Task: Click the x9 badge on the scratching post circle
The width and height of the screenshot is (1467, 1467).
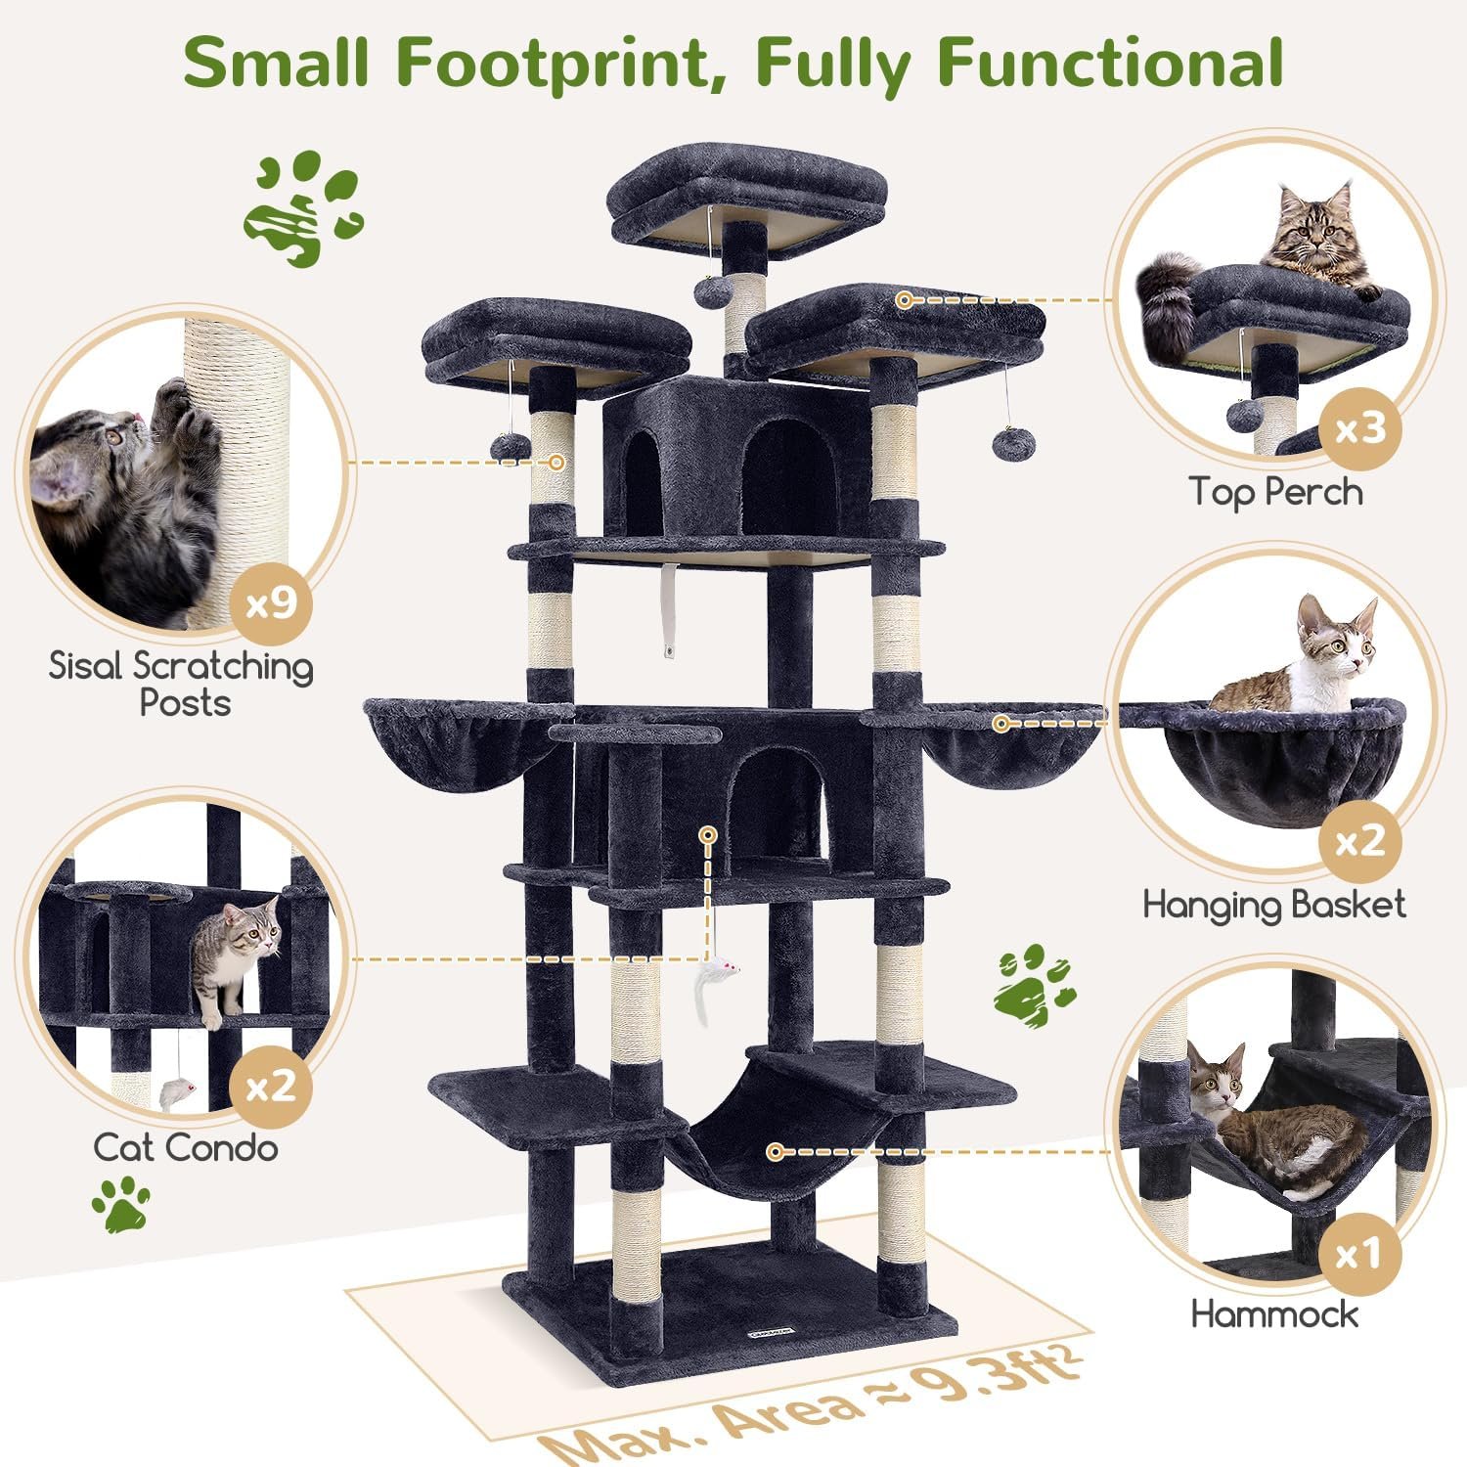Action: (271, 602)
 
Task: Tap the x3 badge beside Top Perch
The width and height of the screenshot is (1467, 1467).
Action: (1359, 428)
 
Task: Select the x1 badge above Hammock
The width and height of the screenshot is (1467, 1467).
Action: (1359, 1253)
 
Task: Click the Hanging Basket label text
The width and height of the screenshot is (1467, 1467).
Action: (1274, 906)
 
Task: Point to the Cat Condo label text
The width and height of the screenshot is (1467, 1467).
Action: (186, 1147)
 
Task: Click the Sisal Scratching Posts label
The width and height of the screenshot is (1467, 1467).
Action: (182, 683)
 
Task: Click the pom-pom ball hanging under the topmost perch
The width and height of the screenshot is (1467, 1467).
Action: (710, 289)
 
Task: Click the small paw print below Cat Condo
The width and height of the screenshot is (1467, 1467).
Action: (121, 1203)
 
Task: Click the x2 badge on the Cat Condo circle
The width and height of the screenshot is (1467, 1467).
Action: (271, 1086)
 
